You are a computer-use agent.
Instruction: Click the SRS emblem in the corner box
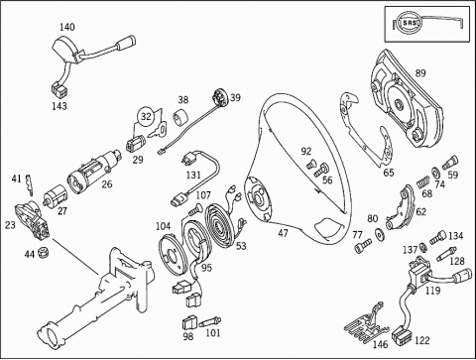pyautogui.click(x=410, y=23)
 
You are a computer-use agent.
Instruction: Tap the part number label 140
pyautogui.click(x=67, y=27)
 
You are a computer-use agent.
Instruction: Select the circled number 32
pyautogui.click(x=146, y=116)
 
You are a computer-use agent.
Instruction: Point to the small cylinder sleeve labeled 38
pyautogui.click(x=181, y=118)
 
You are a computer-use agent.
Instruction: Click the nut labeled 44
pyautogui.click(x=43, y=253)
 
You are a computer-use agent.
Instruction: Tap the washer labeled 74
pyautogui.click(x=434, y=172)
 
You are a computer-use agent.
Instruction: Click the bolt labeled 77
pyautogui.click(x=363, y=246)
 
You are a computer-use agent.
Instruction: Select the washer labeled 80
pyautogui.click(x=379, y=233)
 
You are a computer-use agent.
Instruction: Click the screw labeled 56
pyautogui.click(x=320, y=170)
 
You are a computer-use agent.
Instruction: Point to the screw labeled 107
pyautogui.click(x=195, y=209)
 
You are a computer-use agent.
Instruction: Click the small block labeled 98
pyautogui.click(x=189, y=322)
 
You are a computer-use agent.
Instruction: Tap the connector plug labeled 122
pyautogui.click(x=400, y=336)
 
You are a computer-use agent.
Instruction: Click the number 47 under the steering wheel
pyautogui.click(x=283, y=233)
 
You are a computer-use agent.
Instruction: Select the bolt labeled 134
pyautogui.click(x=437, y=238)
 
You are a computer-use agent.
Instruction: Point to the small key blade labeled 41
pyautogui.click(x=30, y=185)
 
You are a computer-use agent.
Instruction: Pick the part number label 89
pyautogui.click(x=420, y=73)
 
